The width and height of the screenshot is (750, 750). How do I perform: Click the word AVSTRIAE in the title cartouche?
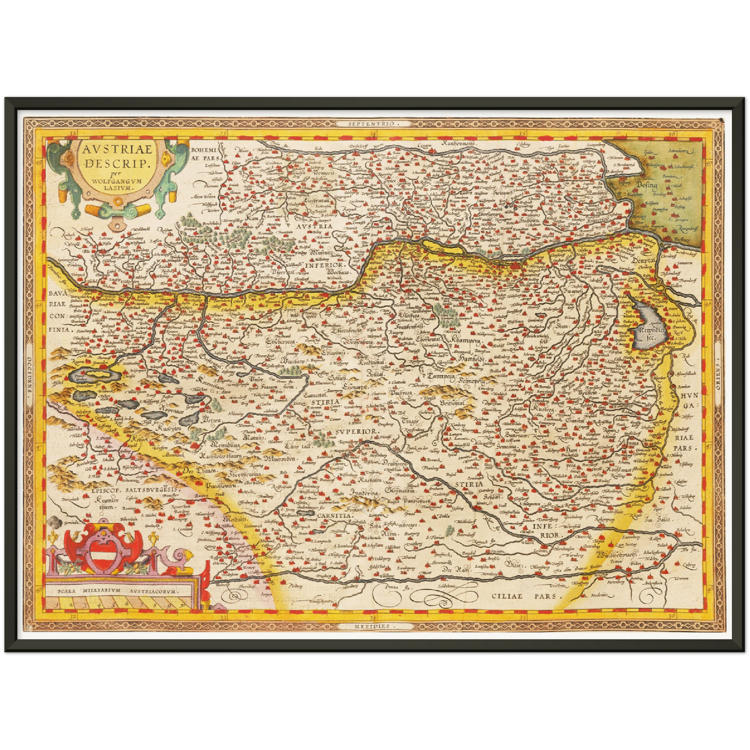click(117, 149)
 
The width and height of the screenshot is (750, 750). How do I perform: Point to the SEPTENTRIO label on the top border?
click(375, 124)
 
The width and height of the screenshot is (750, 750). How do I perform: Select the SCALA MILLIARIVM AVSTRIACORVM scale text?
click(118, 591)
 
